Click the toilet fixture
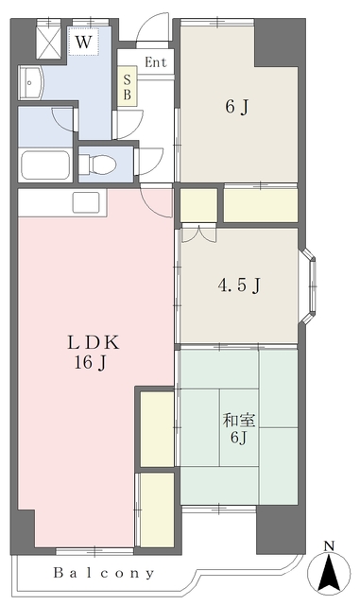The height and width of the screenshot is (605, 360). pos(96,164)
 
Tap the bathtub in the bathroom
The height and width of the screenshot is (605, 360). pos(45,164)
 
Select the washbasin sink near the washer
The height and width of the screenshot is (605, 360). pos(31,82)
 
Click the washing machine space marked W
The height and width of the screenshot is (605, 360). pos(83,41)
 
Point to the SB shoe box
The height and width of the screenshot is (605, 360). pos(128,86)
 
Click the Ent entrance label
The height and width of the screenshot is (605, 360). pos(156,62)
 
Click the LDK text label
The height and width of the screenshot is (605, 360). pos(94,342)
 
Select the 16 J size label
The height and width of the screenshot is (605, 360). pos(91,363)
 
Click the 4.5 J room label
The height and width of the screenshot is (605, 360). pos(239,285)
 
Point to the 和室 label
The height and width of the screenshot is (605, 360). pos(239,420)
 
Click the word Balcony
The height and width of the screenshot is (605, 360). pos(104,574)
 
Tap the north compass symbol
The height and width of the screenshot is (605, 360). pos(329,571)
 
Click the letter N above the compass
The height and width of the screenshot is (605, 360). pos(329,545)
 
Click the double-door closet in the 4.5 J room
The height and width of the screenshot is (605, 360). pos(198,233)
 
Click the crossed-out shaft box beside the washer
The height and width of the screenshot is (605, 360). pos(48,40)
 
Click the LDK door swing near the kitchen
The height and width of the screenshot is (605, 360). pos(156,200)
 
